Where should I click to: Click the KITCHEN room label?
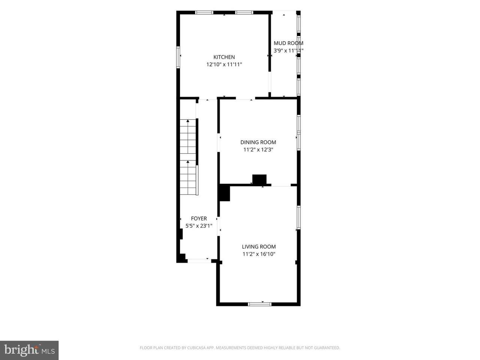[224, 57]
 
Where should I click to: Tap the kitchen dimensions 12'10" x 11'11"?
[224, 64]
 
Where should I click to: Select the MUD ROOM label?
[288, 43]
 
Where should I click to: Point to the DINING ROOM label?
[258, 142]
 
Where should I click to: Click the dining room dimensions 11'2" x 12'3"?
[258, 150]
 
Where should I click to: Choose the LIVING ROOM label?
[259, 246]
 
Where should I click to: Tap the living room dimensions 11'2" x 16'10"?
[259, 254]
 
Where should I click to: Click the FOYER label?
[199, 218]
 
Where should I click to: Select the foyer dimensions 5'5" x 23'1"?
[199, 226]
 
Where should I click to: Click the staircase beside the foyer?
[188, 157]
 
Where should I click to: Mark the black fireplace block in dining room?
[259, 180]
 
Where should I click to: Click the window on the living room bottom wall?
[259, 304]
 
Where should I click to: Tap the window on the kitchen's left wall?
[178, 57]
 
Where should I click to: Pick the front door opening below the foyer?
[199, 261]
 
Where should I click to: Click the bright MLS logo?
[29, 350]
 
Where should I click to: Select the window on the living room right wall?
[298, 217]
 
